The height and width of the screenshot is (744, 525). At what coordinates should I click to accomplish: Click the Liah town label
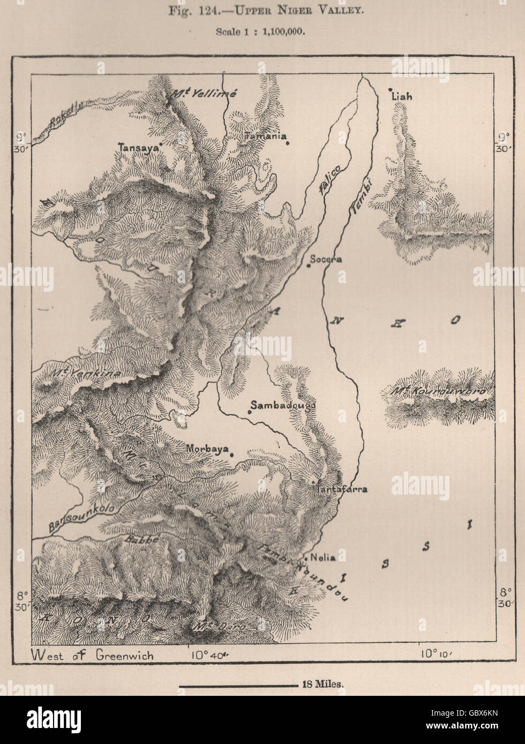tap(402, 97)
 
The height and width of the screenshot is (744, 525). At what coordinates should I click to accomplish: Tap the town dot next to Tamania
tap(288, 142)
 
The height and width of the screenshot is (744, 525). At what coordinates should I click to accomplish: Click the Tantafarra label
tap(342, 489)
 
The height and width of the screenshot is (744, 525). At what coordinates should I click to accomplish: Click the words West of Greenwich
tap(92, 654)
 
